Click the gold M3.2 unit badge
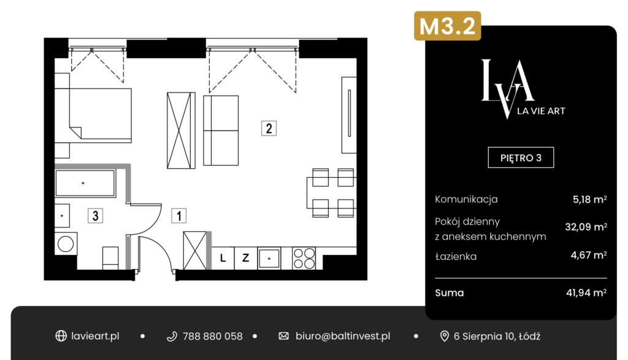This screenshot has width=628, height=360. [x=447, y=26]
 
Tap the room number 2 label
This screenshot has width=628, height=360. [x=269, y=128]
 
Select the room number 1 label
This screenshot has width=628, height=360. [x=178, y=216]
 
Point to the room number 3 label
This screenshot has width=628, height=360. [x=95, y=216]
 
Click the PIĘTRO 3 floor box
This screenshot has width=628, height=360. [x=521, y=158]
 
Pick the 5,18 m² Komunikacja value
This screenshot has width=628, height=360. [x=589, y=199]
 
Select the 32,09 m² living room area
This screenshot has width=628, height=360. [x=586, y=227]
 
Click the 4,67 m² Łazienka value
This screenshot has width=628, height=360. [x=588, y=255]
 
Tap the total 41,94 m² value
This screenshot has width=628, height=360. [x=586, y=293]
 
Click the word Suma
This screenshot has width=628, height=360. [x=450, y=293]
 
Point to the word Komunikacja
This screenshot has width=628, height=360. [x=466, y=199]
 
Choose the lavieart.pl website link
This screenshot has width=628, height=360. [x=95, y=336]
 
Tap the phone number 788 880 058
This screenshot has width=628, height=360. [x=212, y=336]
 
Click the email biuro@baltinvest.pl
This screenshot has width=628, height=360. [x=343, y=336]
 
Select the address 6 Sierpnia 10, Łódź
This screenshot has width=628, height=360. [x=497, y=336]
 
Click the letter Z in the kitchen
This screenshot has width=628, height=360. [x=245, y=258]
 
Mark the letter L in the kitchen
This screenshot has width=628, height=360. [x=223, y=258]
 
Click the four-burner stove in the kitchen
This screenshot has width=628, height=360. [x=304, y=258]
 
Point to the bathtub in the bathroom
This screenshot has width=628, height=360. [x=85, y=183]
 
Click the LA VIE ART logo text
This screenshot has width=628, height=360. [x=541, y=111]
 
